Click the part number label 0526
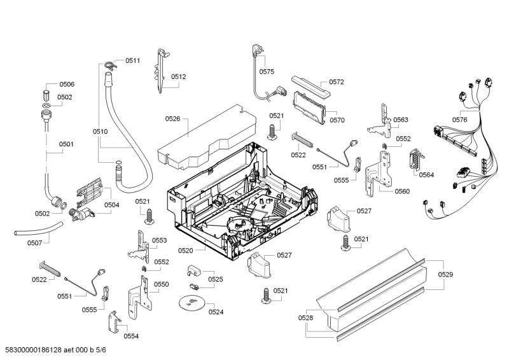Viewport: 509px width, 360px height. pos(173,118)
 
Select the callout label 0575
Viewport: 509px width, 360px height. pos(267,72)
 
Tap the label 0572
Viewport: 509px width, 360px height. pos(337,82)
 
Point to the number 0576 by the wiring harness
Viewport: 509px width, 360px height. pos(460,119)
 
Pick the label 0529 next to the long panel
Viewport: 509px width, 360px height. pos(446,274)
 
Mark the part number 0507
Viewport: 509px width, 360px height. pos(34,242)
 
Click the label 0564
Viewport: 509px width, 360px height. pos(426,175)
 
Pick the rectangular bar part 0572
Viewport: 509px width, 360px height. pos(309,84)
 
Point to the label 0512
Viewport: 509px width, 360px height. pos(178,77)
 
